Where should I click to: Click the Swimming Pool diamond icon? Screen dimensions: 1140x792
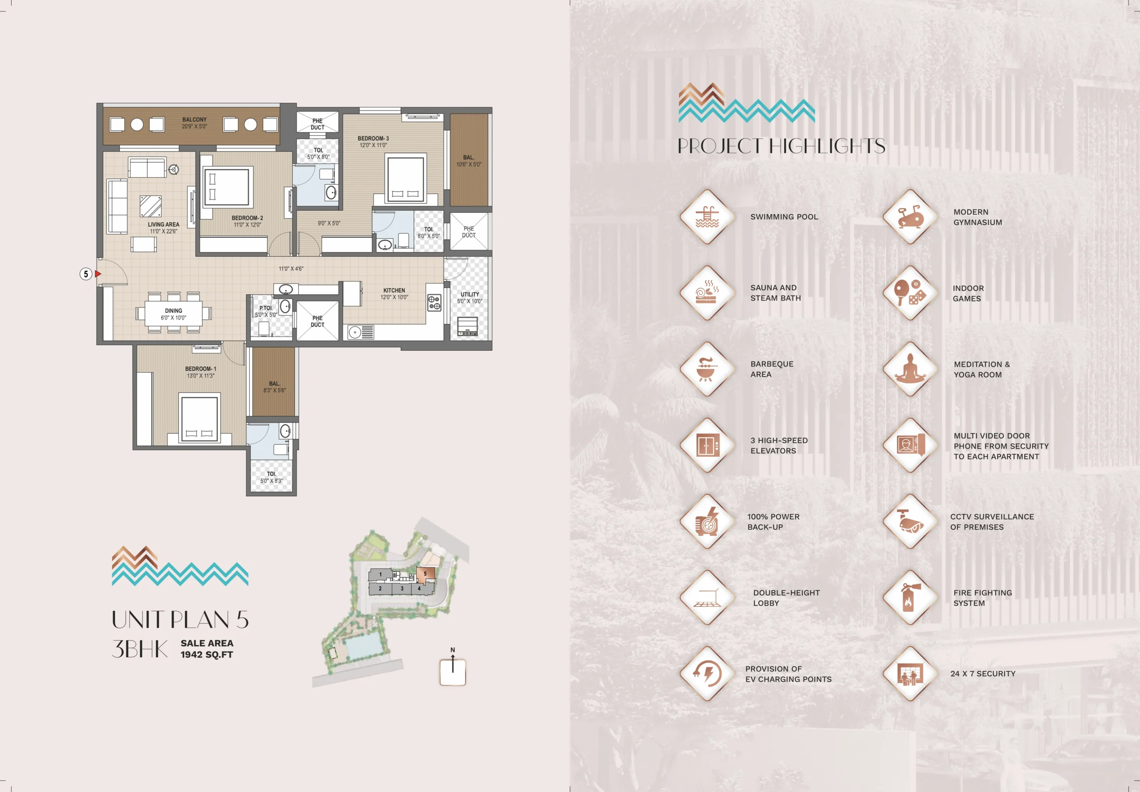tap(707, 217)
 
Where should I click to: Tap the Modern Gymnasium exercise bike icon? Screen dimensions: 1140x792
tap(910, 217)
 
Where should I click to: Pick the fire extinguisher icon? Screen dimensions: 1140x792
tap(910, 597)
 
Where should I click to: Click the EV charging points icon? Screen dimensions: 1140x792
tap(707, 674)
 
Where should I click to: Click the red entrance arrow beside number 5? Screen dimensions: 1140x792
tap(98, 274)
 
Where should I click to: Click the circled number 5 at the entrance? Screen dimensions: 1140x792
tap(86, 274)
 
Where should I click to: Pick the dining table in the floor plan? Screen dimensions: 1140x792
tap(174, 313)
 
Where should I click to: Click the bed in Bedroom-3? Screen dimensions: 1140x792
tap(406, 178)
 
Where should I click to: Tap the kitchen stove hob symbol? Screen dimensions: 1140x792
tap(434, 303)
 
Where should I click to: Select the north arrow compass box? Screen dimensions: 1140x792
tap(452, 672)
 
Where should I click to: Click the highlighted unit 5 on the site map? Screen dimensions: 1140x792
tap(425, 575)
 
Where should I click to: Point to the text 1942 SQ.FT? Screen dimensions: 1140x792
tap(207, 654)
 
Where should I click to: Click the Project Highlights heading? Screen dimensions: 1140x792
tap(782, 146)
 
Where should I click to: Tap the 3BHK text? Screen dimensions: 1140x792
tap(140, 649)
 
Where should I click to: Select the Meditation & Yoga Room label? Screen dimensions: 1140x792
tap(981, 370)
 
